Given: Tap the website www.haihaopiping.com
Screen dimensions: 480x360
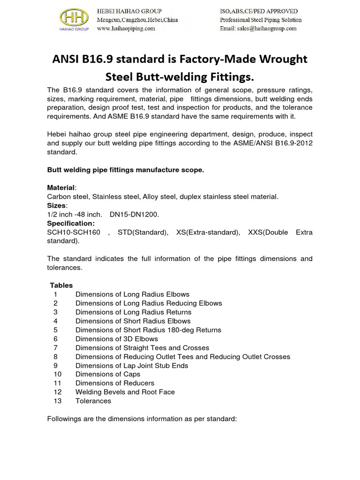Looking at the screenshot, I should [x=126, y=29].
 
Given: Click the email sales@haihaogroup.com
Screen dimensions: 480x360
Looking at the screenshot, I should [x=258, y=29].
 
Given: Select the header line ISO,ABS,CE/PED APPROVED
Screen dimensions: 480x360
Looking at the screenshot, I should [x=259, y=11].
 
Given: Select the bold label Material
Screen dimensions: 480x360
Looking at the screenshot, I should [x=61, y=188].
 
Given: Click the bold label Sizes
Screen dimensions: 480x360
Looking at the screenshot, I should [x=57, y=206].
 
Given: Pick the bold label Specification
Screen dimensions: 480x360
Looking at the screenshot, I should [x=71, y=224].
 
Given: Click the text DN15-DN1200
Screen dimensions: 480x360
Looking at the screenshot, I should [x=135, y=215].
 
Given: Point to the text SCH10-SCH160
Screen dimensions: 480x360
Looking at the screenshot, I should [x=74, y=232].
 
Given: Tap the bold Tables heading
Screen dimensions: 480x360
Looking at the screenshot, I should [x=61, y=285].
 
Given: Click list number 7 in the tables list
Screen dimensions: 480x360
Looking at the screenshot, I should [x=55, y=348].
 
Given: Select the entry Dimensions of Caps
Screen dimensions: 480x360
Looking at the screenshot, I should [x=108, y=375].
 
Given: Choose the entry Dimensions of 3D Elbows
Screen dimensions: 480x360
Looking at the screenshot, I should [x=117, y=339].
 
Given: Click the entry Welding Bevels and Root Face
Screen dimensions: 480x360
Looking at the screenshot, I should [x=125, y=392].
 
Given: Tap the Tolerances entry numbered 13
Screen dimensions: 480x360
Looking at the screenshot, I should [x=93, y=401].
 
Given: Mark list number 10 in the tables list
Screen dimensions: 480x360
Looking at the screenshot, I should [x=58, y=375].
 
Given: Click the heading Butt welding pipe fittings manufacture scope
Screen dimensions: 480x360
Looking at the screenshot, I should [x=126, y=170].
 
